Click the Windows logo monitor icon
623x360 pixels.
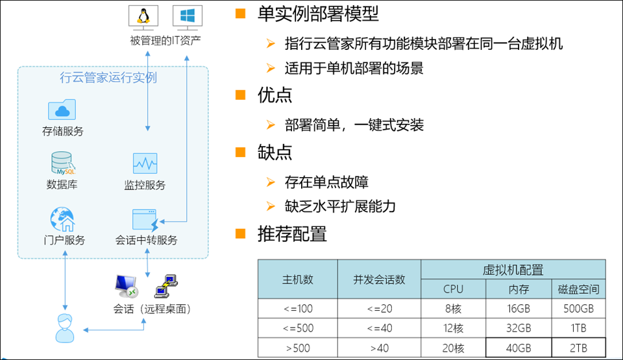[186, 17]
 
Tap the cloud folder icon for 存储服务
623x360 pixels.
[62, 110]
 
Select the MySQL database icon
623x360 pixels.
[62, 163]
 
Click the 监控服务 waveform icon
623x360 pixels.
[145, 163]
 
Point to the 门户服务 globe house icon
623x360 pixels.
[62, 220]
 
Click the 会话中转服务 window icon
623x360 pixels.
[145, 220]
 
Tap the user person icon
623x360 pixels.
[64, 328]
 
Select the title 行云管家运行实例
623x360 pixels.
[108, 78]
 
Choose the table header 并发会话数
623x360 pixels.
[379, 280]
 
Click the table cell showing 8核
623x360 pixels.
[454, 309]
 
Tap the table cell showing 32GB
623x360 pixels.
[518, 328]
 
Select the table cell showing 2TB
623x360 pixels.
[579, 348]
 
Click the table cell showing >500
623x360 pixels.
[297, 348]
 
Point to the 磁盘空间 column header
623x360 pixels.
[579, 289]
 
